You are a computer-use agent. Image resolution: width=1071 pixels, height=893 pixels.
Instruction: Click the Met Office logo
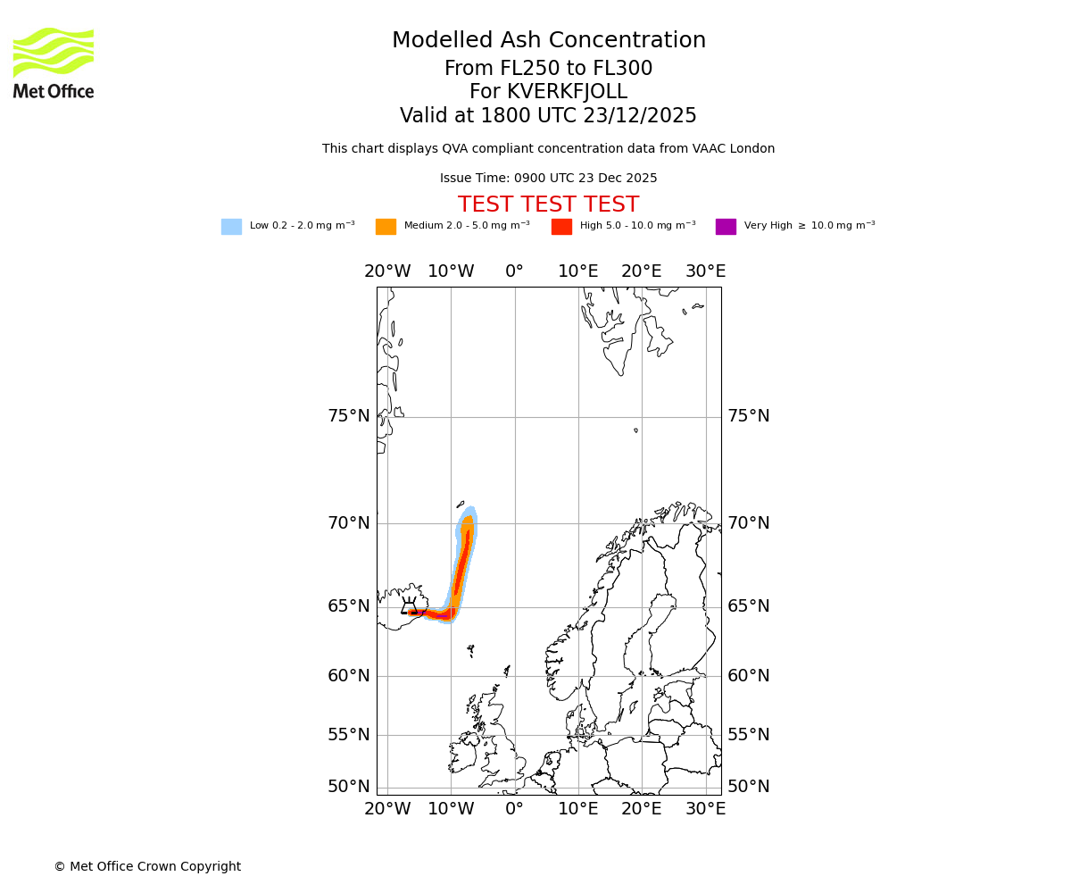54,63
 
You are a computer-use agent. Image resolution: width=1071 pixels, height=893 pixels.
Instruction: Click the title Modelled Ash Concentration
549,41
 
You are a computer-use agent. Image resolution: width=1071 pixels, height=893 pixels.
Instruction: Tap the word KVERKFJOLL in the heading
567,92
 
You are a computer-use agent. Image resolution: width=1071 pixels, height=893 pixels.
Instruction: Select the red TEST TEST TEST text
548,205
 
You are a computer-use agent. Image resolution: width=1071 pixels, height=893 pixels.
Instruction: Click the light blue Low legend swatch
231,227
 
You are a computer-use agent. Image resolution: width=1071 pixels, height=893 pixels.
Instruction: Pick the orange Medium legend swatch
386,227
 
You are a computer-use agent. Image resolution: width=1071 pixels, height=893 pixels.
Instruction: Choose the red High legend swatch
561,227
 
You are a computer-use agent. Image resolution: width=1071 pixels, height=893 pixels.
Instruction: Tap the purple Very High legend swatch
726,227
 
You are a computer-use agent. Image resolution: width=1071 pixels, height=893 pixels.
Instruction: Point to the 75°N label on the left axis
348,416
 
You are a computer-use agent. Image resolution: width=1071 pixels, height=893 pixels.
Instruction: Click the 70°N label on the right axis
748,523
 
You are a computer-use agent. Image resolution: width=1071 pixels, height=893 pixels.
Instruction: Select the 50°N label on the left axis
348,787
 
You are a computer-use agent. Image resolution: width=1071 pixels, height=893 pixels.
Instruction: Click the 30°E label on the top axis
705,271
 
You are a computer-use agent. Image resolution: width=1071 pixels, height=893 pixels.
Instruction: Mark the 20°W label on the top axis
387,271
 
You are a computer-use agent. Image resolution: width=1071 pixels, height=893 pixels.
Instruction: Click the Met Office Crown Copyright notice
147,867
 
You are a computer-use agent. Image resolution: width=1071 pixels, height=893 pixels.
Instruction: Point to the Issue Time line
548,179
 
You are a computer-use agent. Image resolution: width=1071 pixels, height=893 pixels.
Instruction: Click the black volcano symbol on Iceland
409,606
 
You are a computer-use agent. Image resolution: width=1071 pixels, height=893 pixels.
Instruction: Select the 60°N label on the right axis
748,676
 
